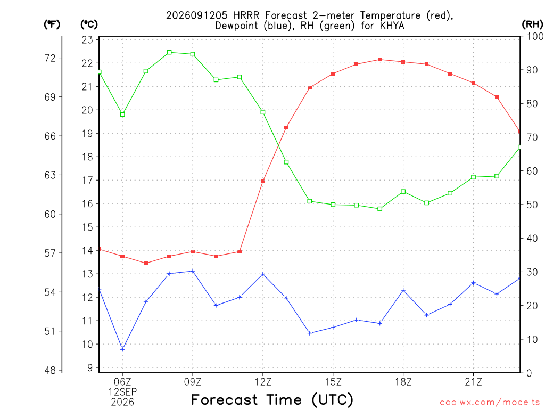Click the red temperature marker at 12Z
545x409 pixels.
tap(263, 181)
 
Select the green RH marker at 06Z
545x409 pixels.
tap(122, 114)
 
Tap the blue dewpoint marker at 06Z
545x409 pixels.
tap(122, 349)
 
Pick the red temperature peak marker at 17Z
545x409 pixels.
tap(380, 60)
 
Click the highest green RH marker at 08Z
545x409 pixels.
tap(169, 53)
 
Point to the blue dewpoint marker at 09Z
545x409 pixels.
tap(193, 271)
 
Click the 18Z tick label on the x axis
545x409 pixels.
tap(403, 382)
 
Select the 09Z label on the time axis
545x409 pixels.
tap(193, 382)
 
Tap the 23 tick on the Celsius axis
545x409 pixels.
tap(88, 40)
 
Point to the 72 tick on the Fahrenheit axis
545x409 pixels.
tap(51, 58)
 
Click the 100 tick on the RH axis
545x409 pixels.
tap(535, 36)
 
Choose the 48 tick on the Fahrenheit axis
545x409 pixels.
tap(51, 371)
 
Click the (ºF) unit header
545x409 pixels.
tap(52, 24)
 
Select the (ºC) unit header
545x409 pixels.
tap(89, 24)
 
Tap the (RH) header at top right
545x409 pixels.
tap(532, 24)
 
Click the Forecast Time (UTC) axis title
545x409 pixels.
tap(272, 399)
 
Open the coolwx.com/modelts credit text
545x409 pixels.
tap(490, 402)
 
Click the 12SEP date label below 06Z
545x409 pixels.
tap(122, 392)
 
